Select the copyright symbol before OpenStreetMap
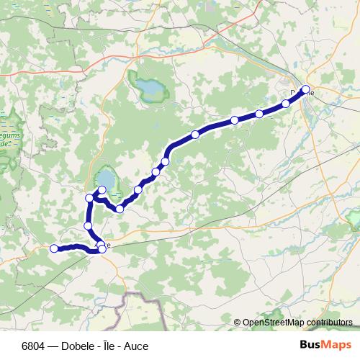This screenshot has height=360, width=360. point(237,323)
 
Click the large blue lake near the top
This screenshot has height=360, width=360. point(151,89)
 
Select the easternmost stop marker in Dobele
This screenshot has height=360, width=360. point(305,89)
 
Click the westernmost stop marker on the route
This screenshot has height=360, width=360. point(54,248)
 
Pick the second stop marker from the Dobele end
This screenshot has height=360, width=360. point(286,104)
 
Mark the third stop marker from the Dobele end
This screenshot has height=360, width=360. point(259,114)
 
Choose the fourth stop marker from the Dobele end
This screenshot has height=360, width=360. point(235,120)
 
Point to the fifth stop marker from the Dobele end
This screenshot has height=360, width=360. point(195,134)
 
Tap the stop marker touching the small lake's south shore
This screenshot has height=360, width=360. point(102,189)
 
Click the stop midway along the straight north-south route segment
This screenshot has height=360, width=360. point(89,226)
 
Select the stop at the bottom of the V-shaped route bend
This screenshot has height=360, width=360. point(120,209)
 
